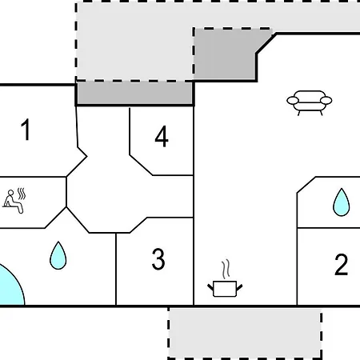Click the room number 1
pyautogui.click(x=26, y=130)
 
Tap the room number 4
pyautogui.click(x=162, y=137)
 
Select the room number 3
pyautogui.click(x=158, y=258)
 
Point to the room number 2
pyautogui.click(x=342, y=265)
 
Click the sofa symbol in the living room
pyautogui.click(x=310, y=103)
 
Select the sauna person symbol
pyautogui.click(x=14, y=202)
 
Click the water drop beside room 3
pyautogui.click(x=58, y=255)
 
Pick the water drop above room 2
pyautogui.click(x=342, y=202)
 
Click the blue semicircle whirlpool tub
pyautogui.click(x=10, y=286)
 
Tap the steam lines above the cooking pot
pyautogui.click(x=226, y=270)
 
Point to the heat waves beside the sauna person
pyautogui.click(x=22, y=194)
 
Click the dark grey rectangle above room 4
pyautogui.click(x=134, y=93)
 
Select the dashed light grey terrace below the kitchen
pyautogui.click(x=245, y=334)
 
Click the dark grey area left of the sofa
pyautogui.click(x=224, y=54)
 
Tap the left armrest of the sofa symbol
pyautogui.click(x=293, y=101)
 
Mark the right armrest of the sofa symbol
pyautogui.click(x=326, y=101)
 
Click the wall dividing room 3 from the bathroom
pyautogui.click(x=116, y=270)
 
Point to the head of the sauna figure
pyautogui.click(x=10, y=193)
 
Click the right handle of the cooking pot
pyautogui.click(x=239, y=288)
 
